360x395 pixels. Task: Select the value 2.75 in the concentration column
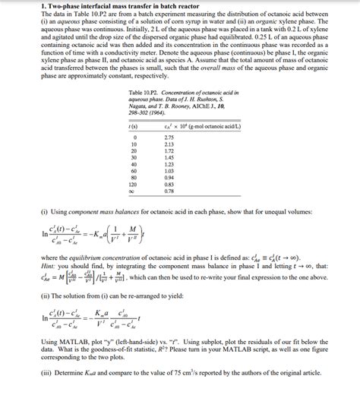pos(169,137)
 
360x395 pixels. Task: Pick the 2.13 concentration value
pos(169,144)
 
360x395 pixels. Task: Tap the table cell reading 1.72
pos(169,150)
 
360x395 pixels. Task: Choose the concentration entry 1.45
pos(169,157)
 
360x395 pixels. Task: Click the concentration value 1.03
pos(169,171)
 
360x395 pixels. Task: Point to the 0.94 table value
pos(169,178)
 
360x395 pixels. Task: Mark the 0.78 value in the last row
pos(169,191)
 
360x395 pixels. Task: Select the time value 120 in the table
pos(134,185)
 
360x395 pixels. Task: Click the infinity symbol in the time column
pos(134,191)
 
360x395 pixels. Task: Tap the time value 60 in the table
pos(134,171)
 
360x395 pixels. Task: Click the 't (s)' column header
pos(134,126)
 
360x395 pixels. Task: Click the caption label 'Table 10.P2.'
pos(146,92)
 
